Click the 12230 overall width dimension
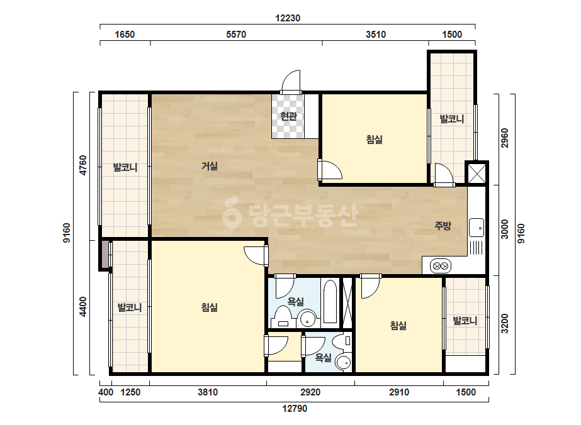pyautogui.click(x=288, y=18)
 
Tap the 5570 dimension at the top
pyautogui.click(x=236, y=35)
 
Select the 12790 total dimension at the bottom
pyautogui.click(x=295, y=409)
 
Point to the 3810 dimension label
pyautogui.click(x=208, y=392)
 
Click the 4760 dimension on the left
pyautogui.click(x=83, y=165)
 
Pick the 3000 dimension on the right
pyautogui.click(x=505, y=229)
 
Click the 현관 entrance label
pyautogui.click(x=289, y=116)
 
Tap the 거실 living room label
pyautogui.click(x=210, y=166)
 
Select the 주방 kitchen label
pyautogui.click(x=443, y=226)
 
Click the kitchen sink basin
pyautogui.click(x=476, y=228)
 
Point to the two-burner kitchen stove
pyautogui.click(x=441, y=266)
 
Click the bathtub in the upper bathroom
pyautogui.click(x=330, y=301)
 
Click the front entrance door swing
pyautogui.click(x=291, y=82)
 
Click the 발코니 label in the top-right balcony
pyautogui.click(x=452, y=119)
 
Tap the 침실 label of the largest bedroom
pyautogui.click(x=210, y=307)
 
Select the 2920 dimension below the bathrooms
pyautogui.click(x=310, y=392)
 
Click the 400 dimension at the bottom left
pyautogui.click(x=106, y=392)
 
